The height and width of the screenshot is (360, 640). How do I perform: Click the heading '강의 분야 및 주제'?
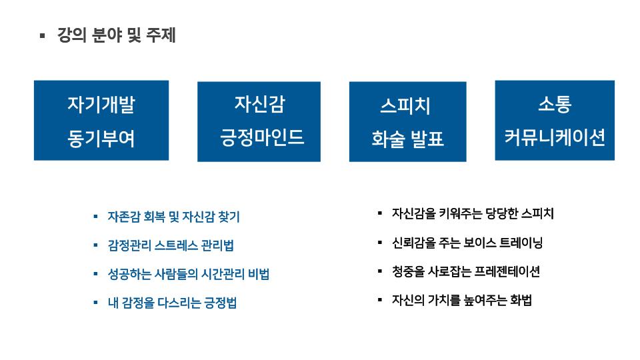point(116,35)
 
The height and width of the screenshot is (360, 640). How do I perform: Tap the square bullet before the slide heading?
point(43,36)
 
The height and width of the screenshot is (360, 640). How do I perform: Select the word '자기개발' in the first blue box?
point(101,105)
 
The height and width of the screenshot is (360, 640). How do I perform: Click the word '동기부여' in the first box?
point(101,139)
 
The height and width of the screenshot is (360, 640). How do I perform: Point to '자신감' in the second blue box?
point(259,104)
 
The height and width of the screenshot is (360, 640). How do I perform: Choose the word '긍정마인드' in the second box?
point(261,137)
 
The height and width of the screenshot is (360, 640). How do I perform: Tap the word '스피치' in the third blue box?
point(405,106)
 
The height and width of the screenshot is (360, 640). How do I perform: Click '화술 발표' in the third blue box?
point(407,139)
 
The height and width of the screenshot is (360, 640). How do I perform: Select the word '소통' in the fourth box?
point(555,104)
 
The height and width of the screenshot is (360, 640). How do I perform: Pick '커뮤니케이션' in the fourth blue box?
point(555,137)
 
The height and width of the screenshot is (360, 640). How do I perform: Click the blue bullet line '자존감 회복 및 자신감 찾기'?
point(173,217)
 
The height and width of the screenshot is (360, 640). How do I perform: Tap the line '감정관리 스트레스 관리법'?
point(171,245)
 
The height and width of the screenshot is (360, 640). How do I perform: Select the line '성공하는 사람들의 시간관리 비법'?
point(189,274)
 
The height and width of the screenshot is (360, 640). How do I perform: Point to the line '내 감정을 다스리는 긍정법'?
point(172,303)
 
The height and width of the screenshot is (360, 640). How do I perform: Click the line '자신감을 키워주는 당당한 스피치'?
point(473,213)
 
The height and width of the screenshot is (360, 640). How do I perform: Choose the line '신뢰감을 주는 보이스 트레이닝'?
point(467,243)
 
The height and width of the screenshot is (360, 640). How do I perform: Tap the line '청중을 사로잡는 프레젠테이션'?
point(466,271)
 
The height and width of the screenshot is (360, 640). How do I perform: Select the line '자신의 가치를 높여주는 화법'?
point(461,301)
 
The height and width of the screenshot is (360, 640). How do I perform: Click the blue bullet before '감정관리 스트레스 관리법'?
point(95,245)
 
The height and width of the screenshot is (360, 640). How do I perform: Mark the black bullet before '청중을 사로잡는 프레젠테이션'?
point(380,271)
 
